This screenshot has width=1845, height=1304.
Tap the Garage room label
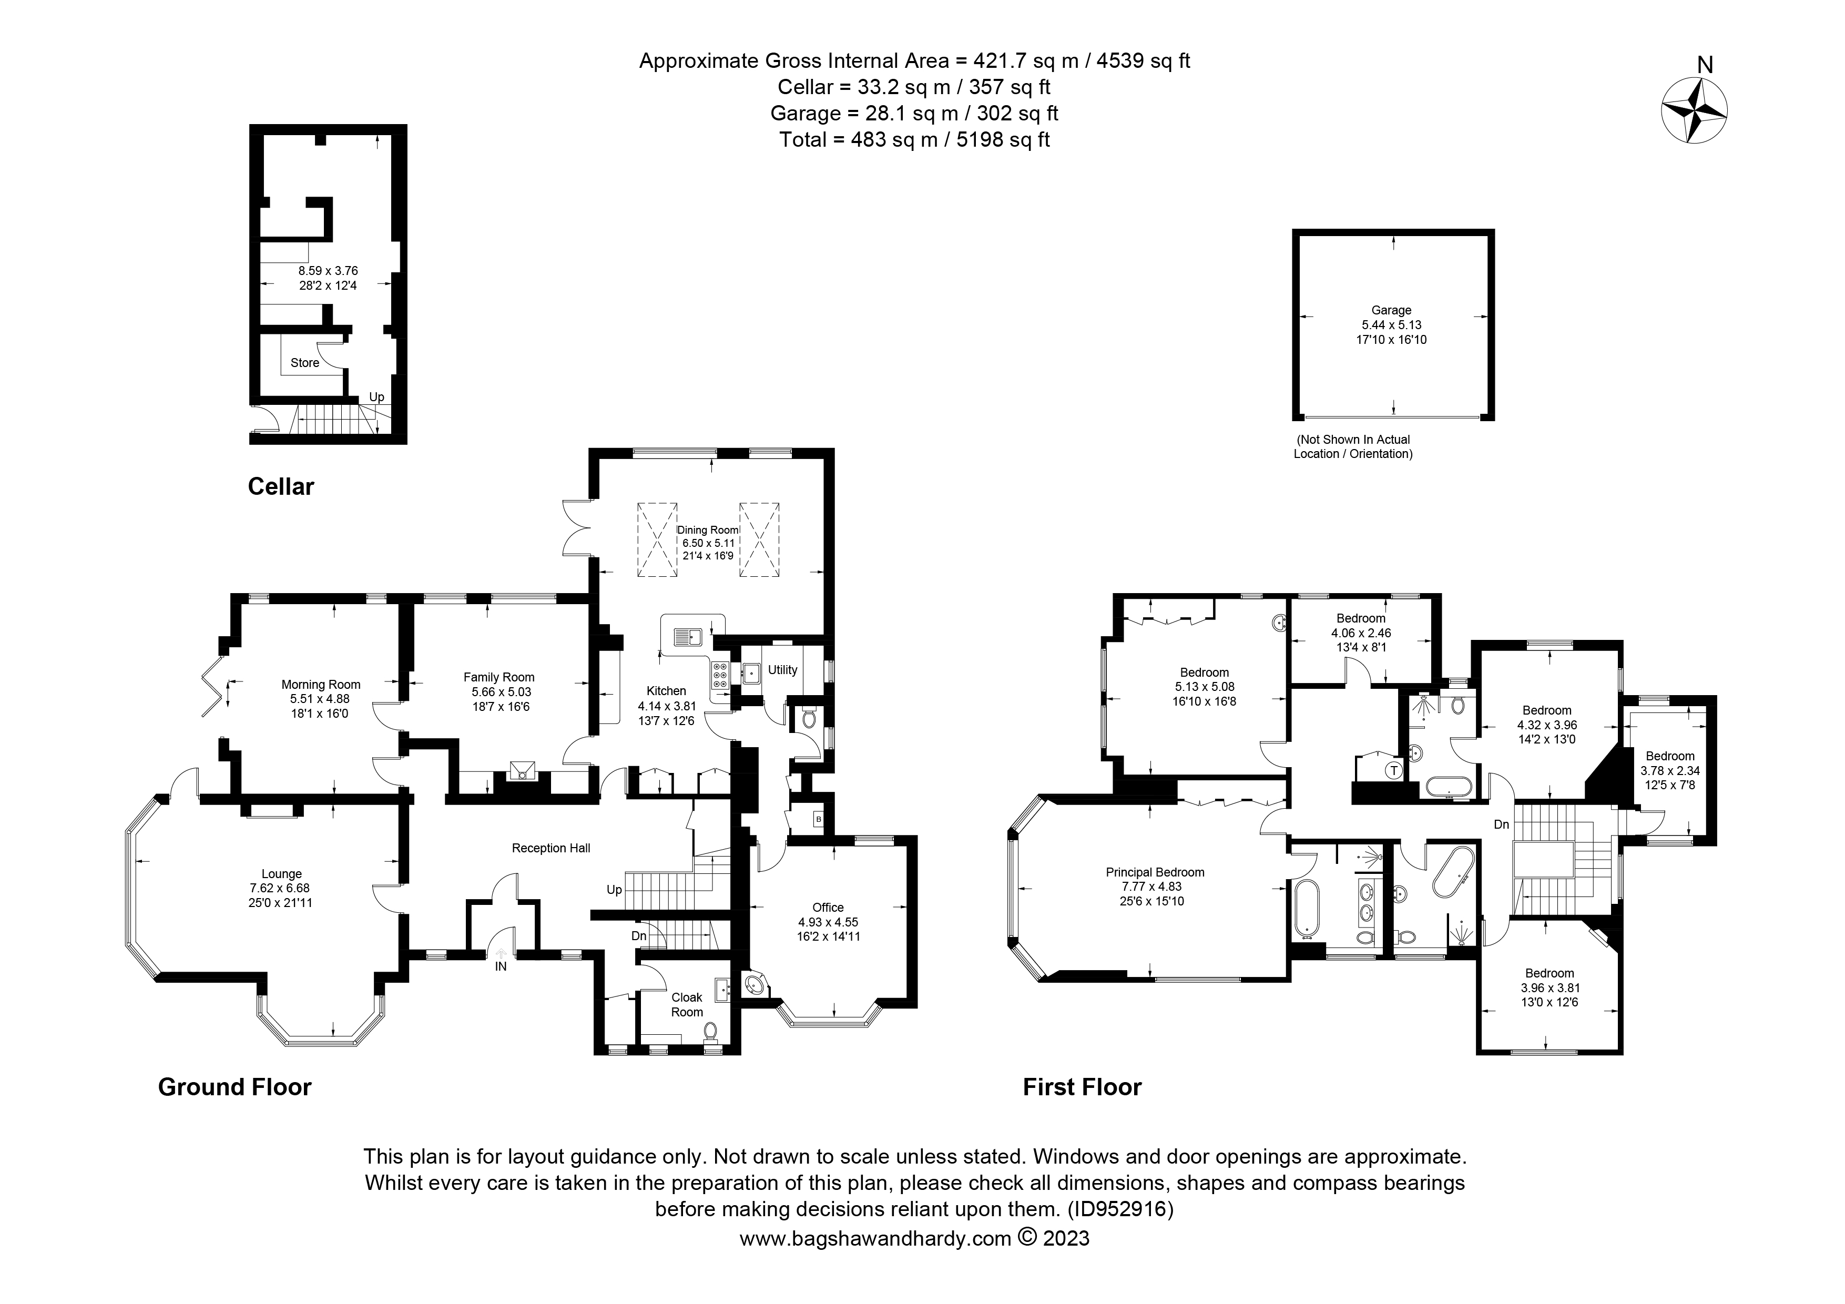coord(1391,310)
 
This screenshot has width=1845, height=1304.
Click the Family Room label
coord(498,677)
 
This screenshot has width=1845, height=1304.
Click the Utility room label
coord(782,670)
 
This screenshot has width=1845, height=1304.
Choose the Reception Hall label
coord(551,849)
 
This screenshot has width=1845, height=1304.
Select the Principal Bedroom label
coord(1155,872)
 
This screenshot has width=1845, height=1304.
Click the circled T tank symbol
coord(1394,770)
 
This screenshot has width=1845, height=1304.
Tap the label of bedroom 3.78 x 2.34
coord(1670,756)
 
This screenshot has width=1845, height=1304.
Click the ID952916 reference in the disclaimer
coord(1119,1209)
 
